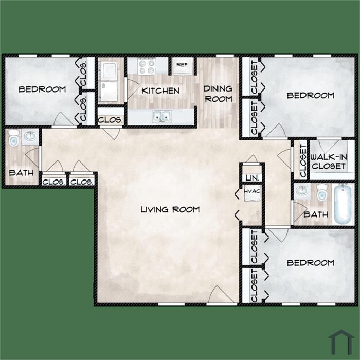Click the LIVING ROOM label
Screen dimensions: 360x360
(170, 209)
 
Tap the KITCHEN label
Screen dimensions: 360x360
(160, 91)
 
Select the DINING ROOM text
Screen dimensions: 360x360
(218, 94)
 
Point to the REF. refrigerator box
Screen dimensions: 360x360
(183, 66)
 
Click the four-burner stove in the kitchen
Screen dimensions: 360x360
(147, 66)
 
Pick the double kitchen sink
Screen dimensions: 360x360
(162, 116)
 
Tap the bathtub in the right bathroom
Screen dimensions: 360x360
(343, 204)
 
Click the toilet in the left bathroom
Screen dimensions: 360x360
(14, 138)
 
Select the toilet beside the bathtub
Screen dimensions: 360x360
(322, 192)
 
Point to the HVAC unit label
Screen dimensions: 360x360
(253, 191)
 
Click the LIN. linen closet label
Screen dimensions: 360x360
(253, 178)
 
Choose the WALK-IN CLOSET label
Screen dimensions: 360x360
(329, 161)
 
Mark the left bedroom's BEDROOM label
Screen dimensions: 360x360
(42, 89)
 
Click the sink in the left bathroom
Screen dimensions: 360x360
(30, 136)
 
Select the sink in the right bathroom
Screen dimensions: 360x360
(302, 190)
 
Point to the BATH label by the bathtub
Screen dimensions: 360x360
(316, 214)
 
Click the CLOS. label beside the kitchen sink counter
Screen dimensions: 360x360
(111, 120)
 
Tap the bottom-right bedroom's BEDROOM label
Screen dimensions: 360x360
(311, 263)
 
